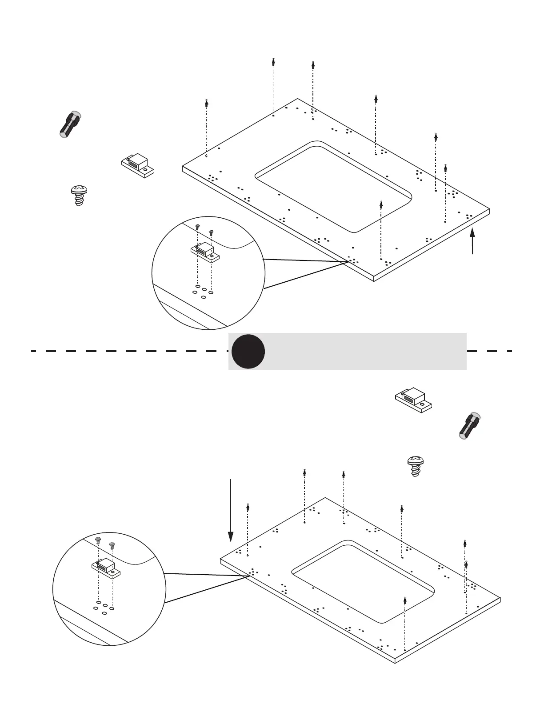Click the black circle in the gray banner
[248, 352]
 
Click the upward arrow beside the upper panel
[472, 240]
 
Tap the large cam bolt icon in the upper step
[70, 124]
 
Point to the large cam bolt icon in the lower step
[470, 426]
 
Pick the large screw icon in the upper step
[79, 196]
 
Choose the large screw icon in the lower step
[416, 466]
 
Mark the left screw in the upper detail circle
[198, 227]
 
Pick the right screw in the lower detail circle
[112, 544]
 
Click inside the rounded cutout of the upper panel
[333, 187]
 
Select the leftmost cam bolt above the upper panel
[206, 103]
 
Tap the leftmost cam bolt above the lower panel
[248, 507]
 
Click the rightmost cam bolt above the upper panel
[445, 168]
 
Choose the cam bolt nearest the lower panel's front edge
[405, 601]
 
